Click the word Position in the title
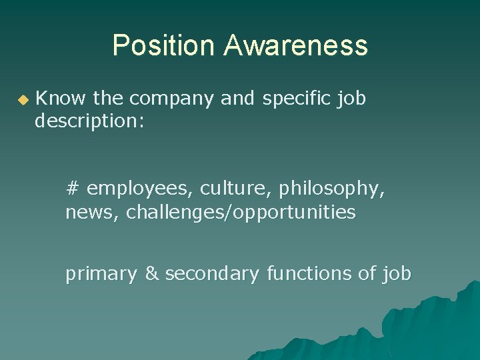(164, 45)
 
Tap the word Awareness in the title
(295, 45)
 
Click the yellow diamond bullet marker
(23, 100)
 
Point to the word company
(171, 99)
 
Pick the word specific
(294, 99)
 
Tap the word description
(89, 123)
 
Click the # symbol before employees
(73, 189)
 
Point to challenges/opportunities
(241, 213)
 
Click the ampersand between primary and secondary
(151, 273)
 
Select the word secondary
(212, 273)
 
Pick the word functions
(311, 273)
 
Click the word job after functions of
(397, 274)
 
